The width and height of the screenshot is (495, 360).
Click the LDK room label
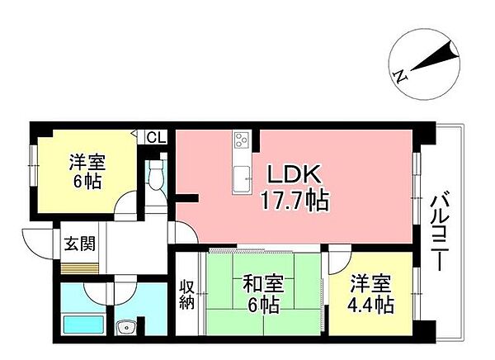[295, 174]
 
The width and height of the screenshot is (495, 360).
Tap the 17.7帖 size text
[295, 201]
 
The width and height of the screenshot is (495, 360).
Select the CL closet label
[156, 138]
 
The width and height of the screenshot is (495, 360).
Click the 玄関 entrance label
[79, 244]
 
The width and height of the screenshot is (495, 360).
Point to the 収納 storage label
[187, 295]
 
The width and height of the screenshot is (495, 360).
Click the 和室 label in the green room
[263, 284]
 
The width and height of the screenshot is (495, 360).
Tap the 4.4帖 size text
[370, 305]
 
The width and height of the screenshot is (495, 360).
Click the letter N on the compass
[401, 76]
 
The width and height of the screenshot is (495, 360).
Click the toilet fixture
[155, 174]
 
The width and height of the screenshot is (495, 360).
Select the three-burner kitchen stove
[241, 140]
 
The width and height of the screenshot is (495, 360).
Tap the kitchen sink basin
[242, 178]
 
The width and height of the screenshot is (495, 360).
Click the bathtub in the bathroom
[83, 324]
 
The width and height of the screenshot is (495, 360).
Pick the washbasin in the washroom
[126, 327]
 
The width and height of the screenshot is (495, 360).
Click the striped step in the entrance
[79, 268]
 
